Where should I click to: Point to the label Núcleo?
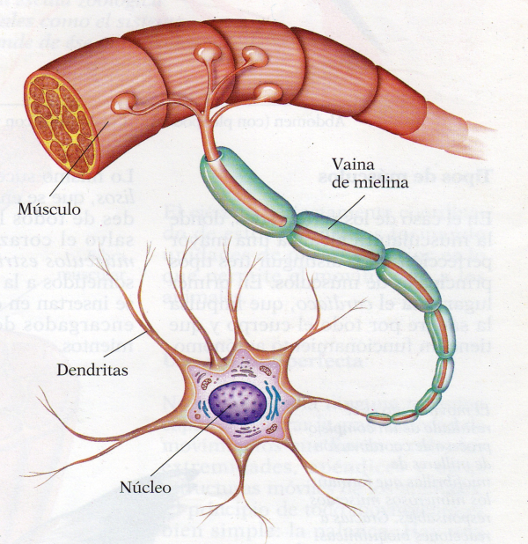pos(144,486)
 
